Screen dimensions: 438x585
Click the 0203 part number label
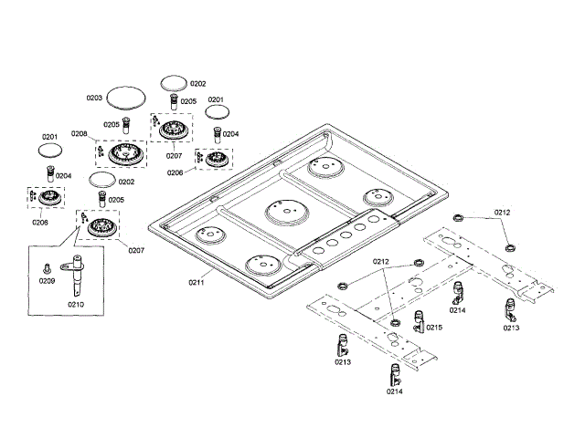[x=94, y=98]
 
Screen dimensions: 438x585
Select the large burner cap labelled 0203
[x=125, y=98]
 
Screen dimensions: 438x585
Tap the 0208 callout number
[x=79, y=134]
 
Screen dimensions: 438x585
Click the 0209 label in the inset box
[x=47, y=280]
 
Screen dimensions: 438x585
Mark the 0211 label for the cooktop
[x=197, y=283]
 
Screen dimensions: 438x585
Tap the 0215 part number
[x=434, y=328]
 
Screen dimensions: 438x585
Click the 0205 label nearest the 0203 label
[x=112, y=124]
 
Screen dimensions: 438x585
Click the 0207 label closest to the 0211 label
[x=136, y=250]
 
